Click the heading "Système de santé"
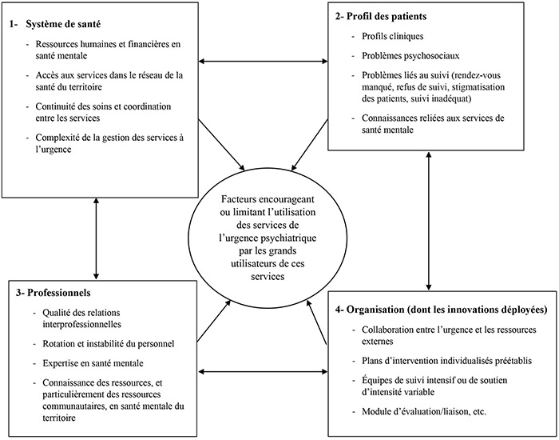pyautogui.click(x=63, y=24)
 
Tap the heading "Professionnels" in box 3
pyautogui.click(x=59, y=293)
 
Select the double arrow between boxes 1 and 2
pyautogui.click(x=263, y=62)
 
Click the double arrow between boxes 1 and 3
pyautogui.click(x=96, y=238)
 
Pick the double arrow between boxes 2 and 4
pyautogui.click(x=429, y=221)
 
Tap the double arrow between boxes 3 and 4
pyautogui.click(x=263, y=372)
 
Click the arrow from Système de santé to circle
pyautogui.click(x=222, y=145)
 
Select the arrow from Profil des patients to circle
pyautogui.click(x=310, y=145)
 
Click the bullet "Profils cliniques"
pyautogui.click(x=393, y=36)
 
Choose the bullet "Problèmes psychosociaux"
pyautogui.click(x=410, y=56)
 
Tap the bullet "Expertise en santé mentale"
pyautogui.click(x=93, y=363)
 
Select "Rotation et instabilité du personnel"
pyautogui.click(x=109, y=344)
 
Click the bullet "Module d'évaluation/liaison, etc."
pyautogui.click(x=424, y=411)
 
